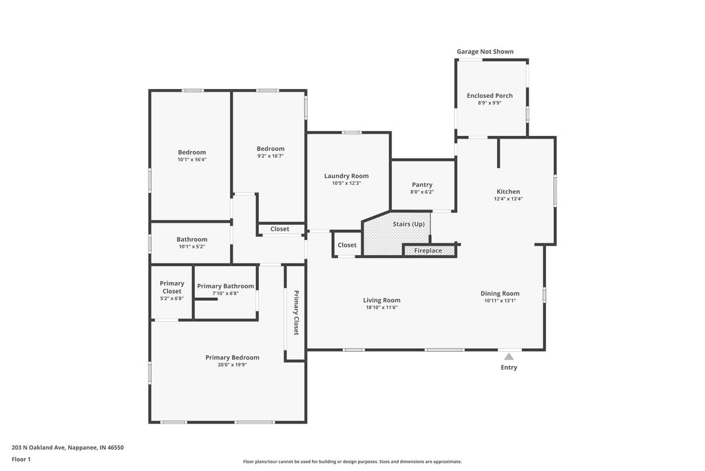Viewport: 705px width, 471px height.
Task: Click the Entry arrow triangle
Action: (509, 357)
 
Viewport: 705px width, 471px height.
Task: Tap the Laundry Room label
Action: (346, 176)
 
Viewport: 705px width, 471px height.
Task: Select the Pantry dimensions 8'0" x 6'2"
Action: (422, 192)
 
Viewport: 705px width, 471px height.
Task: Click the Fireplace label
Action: (428, 250)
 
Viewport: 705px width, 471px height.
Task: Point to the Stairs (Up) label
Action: (409, 224)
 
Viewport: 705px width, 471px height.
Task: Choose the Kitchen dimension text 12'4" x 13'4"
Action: (508, 199)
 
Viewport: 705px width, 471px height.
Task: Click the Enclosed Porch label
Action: (490, 95)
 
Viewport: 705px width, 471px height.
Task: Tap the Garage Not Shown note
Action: (485, 51)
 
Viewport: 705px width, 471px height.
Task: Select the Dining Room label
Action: (500, 294)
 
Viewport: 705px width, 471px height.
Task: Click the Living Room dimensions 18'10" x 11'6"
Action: (381, 308)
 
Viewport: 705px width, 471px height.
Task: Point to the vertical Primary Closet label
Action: (296, 312)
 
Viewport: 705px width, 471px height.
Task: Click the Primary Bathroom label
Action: (225, 286)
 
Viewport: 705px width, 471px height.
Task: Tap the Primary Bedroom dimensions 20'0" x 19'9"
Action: (233, 365)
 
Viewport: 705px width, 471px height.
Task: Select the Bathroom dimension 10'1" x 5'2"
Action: (192, 247)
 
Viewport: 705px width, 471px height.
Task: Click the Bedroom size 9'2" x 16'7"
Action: (271, 156)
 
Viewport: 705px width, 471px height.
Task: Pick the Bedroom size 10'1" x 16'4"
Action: (192, 159)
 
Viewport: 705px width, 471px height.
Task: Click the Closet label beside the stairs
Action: (347, 245)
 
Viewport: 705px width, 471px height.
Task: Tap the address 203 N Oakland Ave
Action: (39, 448)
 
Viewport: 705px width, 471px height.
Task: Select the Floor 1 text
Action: (21, 459)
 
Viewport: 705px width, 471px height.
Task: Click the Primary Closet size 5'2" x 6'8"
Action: (171, 299)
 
